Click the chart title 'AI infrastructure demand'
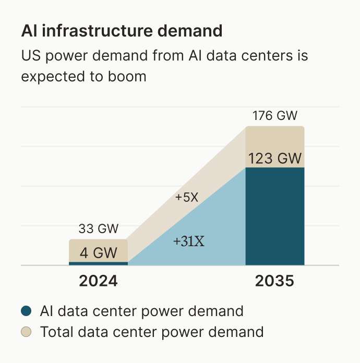(122, 31)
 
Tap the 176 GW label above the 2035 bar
(274, 116)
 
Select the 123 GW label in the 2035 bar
(274, 158)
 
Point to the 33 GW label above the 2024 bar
(99, 228)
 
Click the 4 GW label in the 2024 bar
(99, 253)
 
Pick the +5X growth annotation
(186, 198)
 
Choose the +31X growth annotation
(188, 241)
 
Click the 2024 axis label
(99, 282)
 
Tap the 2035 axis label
(274, 282)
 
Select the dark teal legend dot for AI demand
(27, 311)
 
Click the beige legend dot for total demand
(27, 331)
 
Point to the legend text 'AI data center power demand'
(141, 311)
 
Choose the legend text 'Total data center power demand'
(152, 331)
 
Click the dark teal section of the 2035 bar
(274, 219)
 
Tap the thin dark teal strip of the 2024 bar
(99, 263)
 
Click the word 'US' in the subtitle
(30, 55)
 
